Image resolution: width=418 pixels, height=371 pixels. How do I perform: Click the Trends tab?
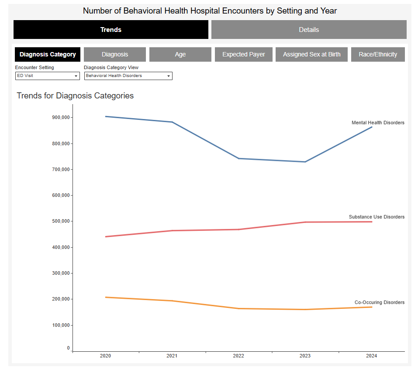(111, 30)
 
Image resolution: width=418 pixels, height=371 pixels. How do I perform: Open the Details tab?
(309, 30)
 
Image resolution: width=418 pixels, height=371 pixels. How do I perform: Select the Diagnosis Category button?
(48, 54)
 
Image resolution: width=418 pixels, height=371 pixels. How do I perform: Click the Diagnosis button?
(115, 54)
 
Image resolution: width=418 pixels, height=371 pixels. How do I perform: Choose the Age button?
(180, 54)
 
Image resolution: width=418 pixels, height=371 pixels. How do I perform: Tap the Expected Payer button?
(243, 54)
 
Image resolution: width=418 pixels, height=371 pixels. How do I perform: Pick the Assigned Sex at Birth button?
(311, 54)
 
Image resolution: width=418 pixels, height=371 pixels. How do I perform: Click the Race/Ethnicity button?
(378, 54)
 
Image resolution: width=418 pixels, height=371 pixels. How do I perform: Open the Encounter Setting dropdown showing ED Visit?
(47, 76)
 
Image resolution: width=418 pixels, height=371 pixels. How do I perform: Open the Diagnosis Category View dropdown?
(128, 76)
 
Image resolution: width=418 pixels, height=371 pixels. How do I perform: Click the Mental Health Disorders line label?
(378, 122)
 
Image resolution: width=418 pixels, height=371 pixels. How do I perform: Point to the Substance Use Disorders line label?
(377, 217)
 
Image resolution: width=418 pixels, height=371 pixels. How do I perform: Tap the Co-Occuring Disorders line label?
(379, 302)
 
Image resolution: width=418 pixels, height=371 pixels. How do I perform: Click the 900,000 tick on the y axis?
(61, 117)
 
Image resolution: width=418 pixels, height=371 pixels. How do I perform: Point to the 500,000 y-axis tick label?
(61, 221)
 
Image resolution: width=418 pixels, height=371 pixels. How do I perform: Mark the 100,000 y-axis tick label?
(61, 325)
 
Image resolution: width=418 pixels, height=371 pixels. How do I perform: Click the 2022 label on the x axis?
(238, 356)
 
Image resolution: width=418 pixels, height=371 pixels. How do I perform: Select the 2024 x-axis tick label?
(371, 356)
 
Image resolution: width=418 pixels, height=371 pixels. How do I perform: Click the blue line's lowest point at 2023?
(305, 162)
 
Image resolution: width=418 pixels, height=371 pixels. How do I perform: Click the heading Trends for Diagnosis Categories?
(75, 95)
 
